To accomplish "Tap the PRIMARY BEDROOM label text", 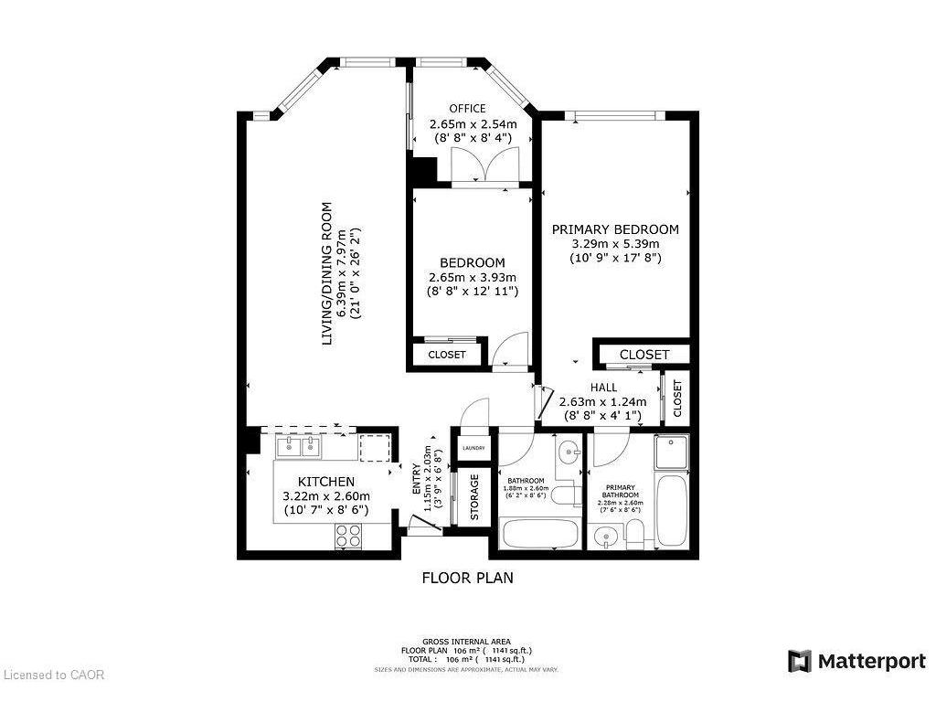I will click(614, 229).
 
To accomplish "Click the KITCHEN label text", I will click(326, 482).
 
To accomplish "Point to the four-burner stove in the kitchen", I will click(348, 536).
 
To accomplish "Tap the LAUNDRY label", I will click(473, 448).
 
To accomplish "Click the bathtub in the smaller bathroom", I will click(537, 533).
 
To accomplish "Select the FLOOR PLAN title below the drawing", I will click(467, 578).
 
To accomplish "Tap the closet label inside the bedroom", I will click(447, 355).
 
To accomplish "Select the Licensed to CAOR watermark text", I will click(55, 675).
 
